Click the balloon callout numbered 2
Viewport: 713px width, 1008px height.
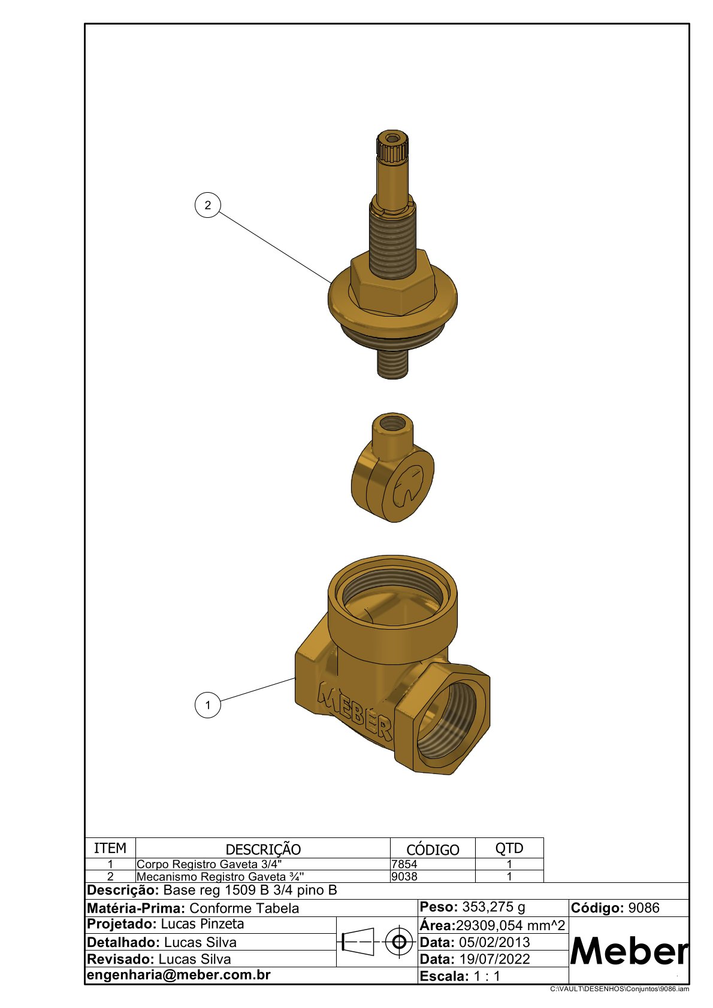point(207,205)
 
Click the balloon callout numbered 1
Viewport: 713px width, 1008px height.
point(208,705)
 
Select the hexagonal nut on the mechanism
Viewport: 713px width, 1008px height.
point(393,283)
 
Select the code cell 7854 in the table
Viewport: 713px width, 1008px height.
point(404,864)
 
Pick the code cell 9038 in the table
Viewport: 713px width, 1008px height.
point(404,876)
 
